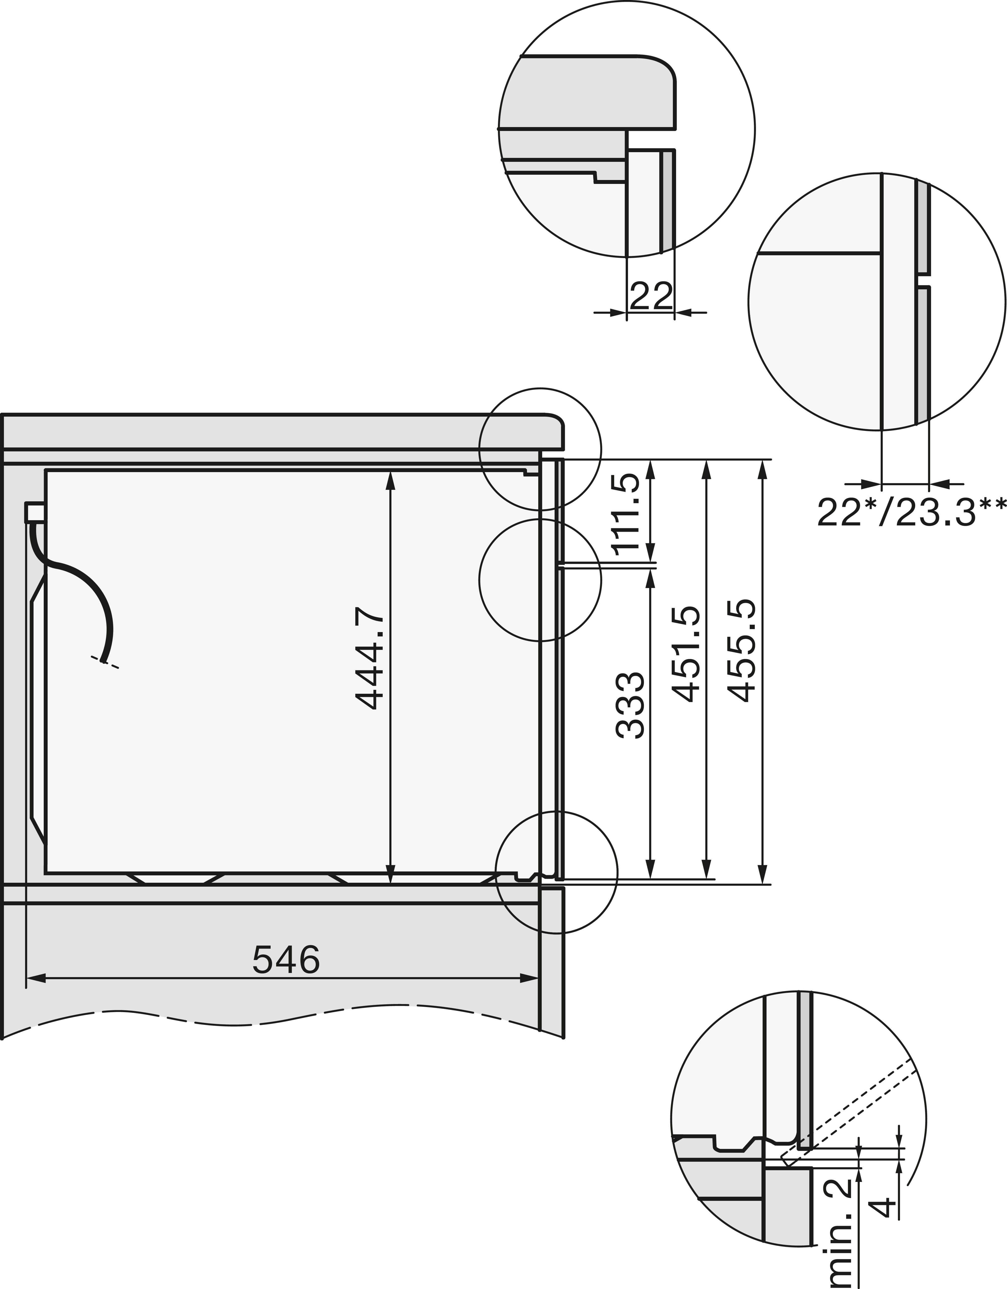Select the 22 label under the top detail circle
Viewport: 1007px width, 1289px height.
pyautogui.click(x=651, y=296)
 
